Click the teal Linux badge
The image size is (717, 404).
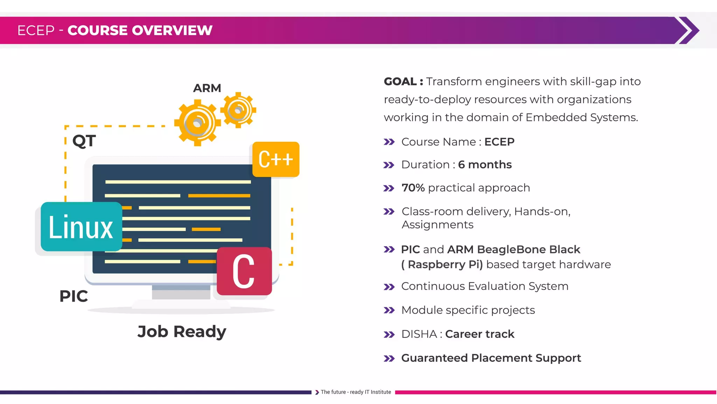(81, 227)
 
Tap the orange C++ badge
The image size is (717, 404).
(276, 159)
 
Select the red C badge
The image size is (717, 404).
(244, 271)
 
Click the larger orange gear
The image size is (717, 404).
(197, 123)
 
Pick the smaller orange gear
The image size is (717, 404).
(238, 110)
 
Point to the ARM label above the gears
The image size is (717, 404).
(207, 88)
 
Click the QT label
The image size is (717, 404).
(84, 141)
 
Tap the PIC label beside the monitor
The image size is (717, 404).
(74, 296)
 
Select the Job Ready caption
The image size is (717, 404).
(182, 331)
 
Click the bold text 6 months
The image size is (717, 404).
(485, 164)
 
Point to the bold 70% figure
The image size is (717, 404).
(413, 188)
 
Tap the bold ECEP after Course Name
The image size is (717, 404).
(499, 142)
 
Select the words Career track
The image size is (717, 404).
(480, 334)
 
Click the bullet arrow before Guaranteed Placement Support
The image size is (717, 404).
(389, 358)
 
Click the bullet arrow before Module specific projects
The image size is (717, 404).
(389, 310)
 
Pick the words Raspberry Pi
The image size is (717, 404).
(445, 264)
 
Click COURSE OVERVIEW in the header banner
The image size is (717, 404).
(140, 31)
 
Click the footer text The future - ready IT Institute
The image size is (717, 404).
(355, 392)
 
